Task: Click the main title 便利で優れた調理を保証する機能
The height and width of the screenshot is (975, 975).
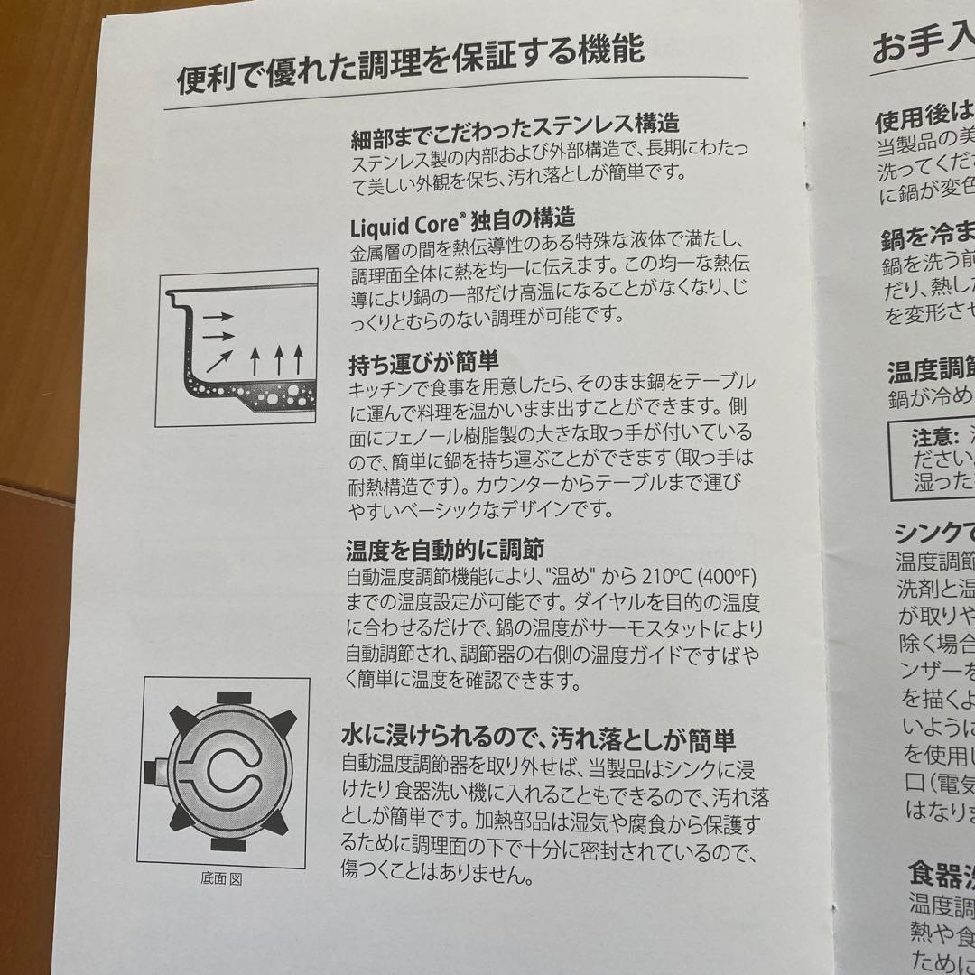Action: (x=411, y=64)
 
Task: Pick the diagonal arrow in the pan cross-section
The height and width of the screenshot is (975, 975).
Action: (x=217, y=361)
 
